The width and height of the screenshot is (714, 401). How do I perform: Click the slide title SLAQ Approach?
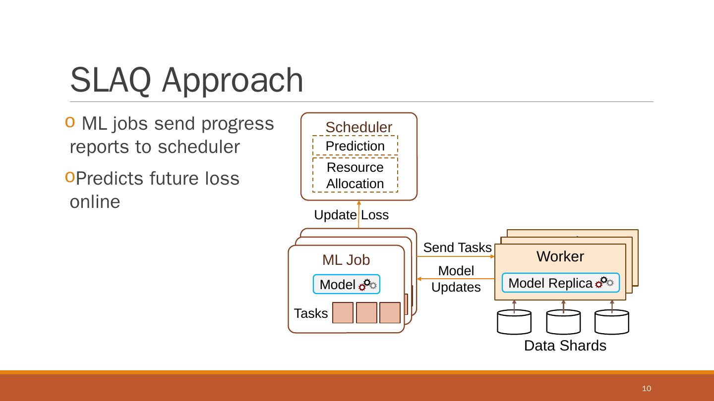coord(187,79)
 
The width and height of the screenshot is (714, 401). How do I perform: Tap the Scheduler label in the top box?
coord(358,127)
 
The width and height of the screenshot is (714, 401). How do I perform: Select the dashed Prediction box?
coord(355,146)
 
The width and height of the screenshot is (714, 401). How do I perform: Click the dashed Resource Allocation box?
coord(355,175)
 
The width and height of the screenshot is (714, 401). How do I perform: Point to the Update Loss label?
coord(351,215)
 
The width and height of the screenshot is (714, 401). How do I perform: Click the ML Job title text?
coord(346,260)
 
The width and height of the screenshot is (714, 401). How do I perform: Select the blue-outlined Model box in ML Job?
coord(346,285)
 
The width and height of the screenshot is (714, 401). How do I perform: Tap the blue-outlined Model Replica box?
coord(560,283)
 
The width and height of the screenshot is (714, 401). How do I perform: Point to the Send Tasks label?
coord(457,248)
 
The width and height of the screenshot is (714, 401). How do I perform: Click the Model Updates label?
coord(456,279)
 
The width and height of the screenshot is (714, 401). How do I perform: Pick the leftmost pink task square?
coord(343,313)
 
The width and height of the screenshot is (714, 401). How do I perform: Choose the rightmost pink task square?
coord(390,313)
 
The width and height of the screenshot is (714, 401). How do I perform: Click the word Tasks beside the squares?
coord(311,313)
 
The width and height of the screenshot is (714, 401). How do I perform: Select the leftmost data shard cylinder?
coord(514,322)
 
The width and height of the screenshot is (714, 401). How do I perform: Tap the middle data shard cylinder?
coord(563,322)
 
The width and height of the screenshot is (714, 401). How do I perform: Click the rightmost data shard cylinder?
coord(612,322)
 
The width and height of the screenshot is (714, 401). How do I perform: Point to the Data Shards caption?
coord(565,346)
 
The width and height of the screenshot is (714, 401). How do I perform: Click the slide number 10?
coord(646,388)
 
